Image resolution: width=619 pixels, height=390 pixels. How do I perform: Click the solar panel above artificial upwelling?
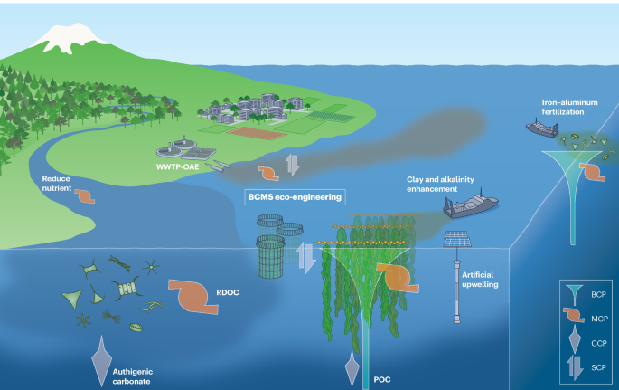coord(457,240)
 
